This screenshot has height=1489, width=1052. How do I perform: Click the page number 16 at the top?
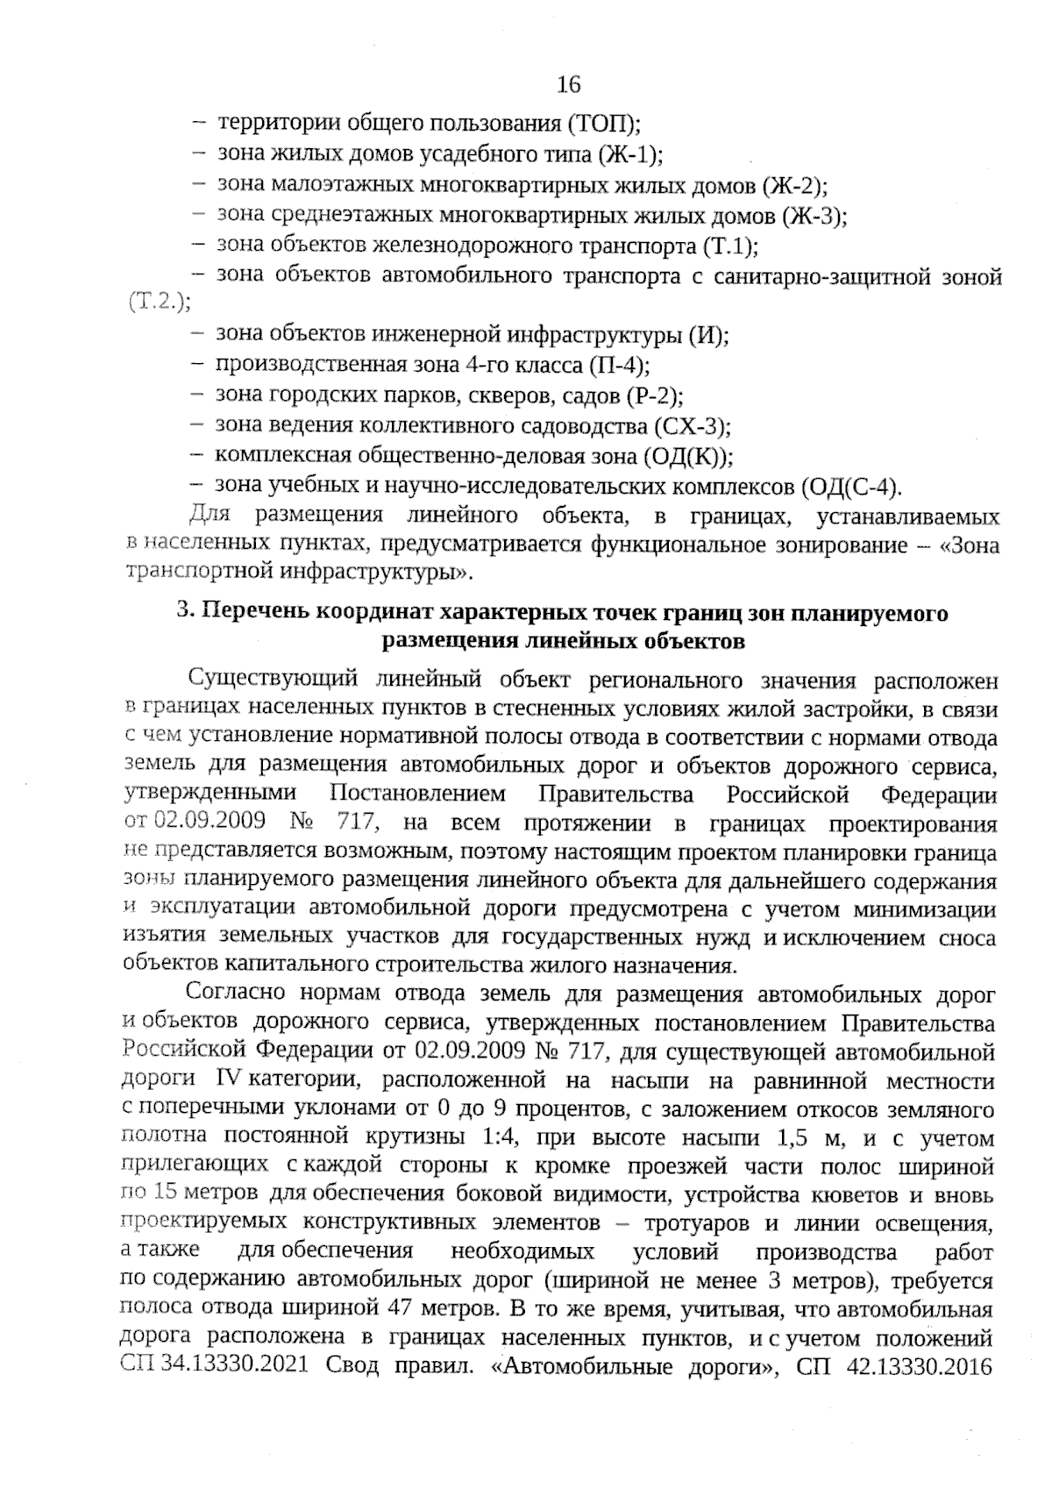point(569,85)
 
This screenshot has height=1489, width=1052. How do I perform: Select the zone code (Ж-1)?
point(630,155)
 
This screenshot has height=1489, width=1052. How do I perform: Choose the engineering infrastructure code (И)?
point(710,334)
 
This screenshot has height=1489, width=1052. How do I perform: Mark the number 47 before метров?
point(400,1309)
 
